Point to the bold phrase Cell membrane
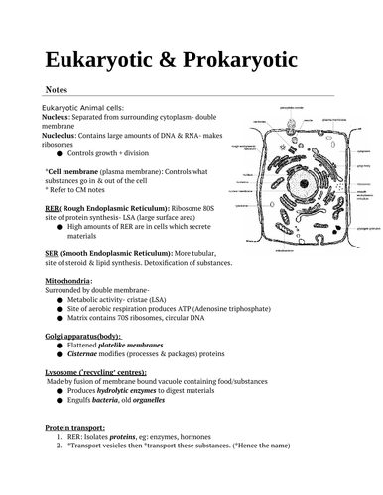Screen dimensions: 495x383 tap(70, 172)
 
